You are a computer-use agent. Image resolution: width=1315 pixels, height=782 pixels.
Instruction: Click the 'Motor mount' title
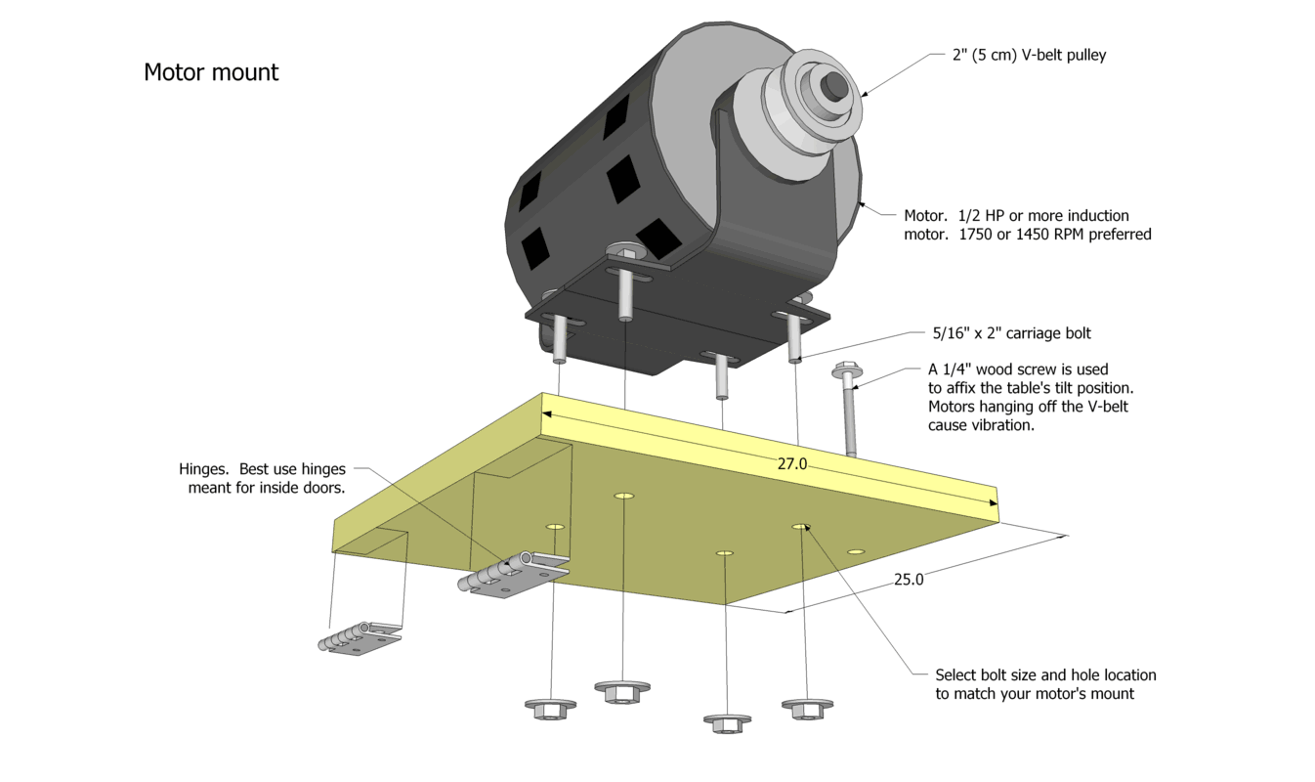coord(211,72)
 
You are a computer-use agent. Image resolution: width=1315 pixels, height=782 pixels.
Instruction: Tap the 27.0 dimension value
coord(792,464)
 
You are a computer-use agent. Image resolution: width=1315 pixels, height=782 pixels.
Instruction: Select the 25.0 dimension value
coord(908,579)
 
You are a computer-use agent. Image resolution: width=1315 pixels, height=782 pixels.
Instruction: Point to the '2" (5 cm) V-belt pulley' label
coord(1029,56)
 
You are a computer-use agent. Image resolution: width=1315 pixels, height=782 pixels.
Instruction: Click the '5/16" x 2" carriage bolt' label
coord(1012,333)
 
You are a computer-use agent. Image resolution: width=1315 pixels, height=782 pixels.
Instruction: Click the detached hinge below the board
coord(359,637)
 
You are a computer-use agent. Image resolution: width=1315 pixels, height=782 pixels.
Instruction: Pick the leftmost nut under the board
coord(549,708)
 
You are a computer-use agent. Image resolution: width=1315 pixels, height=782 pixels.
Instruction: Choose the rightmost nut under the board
coord(807,707)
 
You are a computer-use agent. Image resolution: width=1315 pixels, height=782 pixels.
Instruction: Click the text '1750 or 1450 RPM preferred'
coord(1028,235)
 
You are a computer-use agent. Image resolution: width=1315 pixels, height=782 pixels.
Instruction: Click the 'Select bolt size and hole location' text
coord(1045,674)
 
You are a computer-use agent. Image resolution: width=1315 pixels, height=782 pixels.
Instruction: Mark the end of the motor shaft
coord(837,86)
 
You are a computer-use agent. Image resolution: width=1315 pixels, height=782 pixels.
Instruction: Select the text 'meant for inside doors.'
coord(267,487)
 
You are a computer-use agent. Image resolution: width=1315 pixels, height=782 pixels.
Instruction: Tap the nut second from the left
coord(622,691)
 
